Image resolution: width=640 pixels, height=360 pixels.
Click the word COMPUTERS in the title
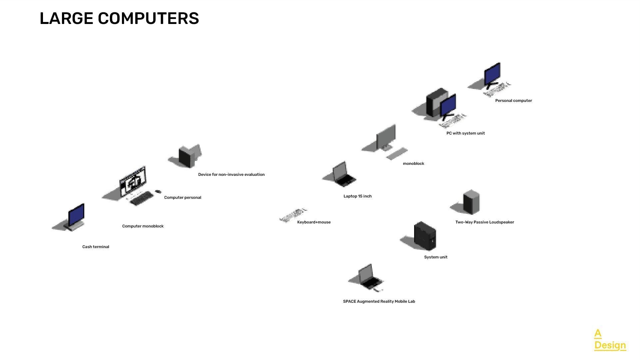pos(148,18)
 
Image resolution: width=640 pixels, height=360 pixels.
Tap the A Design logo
pos(610,340)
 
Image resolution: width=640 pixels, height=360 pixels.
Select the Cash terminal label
pos(96,247)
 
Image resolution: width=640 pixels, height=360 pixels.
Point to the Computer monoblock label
pos(143,226)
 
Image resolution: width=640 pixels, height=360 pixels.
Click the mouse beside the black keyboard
pos(158,191)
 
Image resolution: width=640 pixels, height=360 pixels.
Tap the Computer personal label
pos(183,197)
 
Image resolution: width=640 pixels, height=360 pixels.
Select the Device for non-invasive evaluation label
pos(231,175)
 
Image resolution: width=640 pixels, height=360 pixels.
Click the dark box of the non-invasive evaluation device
pos(186,157)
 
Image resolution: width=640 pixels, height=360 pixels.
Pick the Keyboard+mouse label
pos(314,222)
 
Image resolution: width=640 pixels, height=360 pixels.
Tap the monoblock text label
pos(413,164)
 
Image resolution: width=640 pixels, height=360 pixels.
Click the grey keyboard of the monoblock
pos(397,154)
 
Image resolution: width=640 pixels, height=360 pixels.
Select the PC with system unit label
pos(465,133)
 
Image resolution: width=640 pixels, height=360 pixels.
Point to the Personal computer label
pos(513,101)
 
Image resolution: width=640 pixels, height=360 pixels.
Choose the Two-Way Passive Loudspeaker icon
pos(471,202)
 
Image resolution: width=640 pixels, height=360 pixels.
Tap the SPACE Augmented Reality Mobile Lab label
pos(379,301)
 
